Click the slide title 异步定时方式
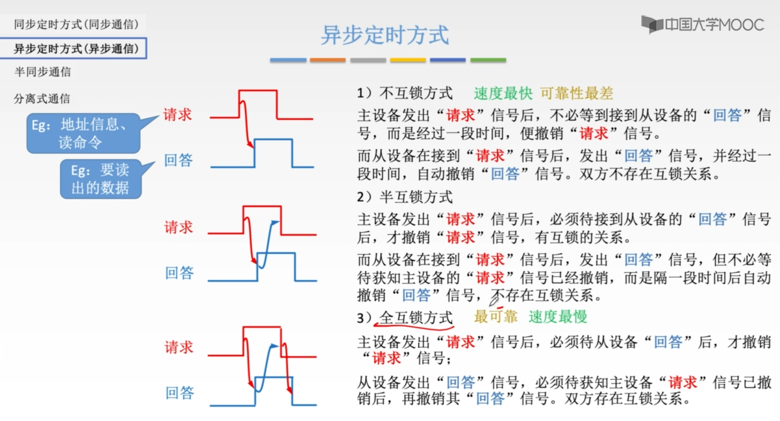(385, 35)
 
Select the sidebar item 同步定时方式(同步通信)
(76, 24)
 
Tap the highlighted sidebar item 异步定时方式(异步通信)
(76, 49)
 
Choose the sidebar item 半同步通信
(43, 72)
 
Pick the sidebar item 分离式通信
(42, 99)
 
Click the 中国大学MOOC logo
(702, 25)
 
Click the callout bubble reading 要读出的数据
(101, 179)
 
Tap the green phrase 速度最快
(503, 93)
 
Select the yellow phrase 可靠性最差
(576, 93)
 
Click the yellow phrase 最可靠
(496, 317)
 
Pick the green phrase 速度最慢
(558, 317)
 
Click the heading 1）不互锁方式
(405, 93)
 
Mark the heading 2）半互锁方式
(405, 197)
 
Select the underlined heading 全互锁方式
(416, 318)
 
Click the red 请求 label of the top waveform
(178, 115)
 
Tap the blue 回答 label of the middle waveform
(179, 273)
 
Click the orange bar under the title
(327, 60)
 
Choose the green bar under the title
(488, 60)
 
